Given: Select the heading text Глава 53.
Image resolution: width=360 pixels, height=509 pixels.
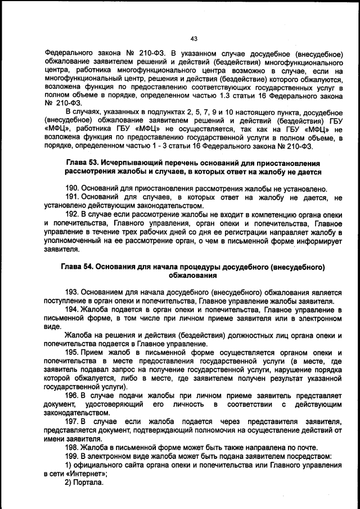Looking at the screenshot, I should tap(84, 162).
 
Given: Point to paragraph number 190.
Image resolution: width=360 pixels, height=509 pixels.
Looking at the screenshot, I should tap(73, 188).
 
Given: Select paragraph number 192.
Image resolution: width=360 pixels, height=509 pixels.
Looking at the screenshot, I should tap(73, 214).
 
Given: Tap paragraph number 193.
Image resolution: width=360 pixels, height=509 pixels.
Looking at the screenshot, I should tap(73, 292).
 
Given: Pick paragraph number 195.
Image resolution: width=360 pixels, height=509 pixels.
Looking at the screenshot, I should tap(73, 353).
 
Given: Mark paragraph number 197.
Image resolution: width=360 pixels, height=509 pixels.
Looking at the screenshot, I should tap(73, 422).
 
